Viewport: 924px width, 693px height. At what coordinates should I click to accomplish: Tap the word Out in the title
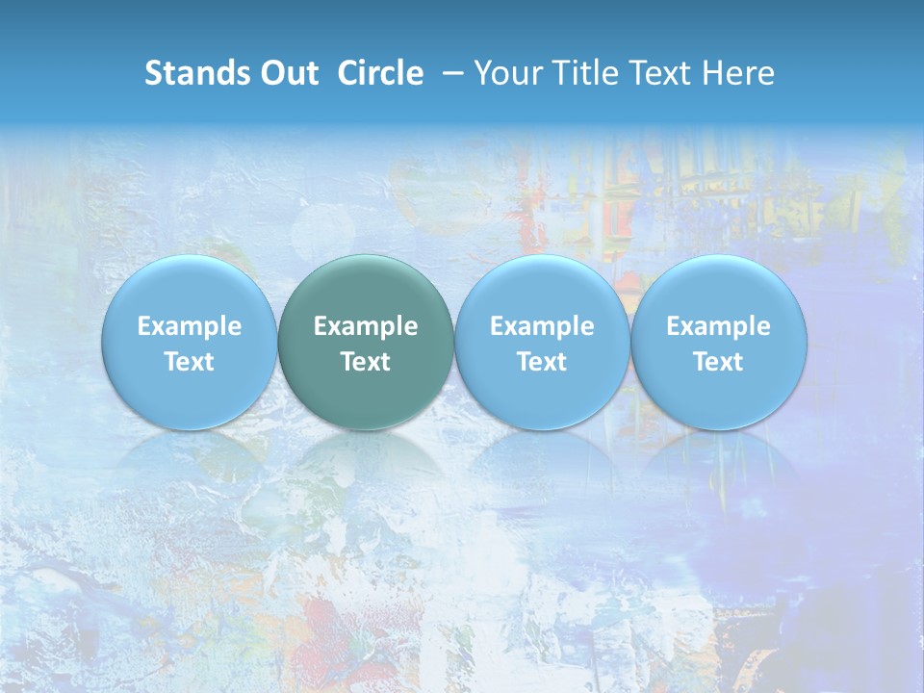click(287, 73)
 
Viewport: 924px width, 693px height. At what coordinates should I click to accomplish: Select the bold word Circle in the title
click(380, 73)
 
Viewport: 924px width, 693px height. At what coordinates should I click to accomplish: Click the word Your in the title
click(504, 73)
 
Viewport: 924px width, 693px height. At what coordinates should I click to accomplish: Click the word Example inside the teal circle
click(366, 326)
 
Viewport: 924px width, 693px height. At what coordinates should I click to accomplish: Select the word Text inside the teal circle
click(366, 362)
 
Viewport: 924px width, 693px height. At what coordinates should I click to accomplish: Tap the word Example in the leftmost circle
click(190, 326)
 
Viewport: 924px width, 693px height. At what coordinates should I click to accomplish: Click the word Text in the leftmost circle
click(190, 362)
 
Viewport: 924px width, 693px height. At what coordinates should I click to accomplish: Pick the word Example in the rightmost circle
click(719, 326)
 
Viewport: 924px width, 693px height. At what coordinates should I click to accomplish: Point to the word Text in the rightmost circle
click(719, 362)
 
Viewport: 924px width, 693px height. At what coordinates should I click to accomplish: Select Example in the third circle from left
click(542, 326)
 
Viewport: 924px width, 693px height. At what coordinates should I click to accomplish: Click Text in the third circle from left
click(542, 362)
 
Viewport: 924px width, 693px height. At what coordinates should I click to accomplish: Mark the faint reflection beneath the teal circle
click(366, 462)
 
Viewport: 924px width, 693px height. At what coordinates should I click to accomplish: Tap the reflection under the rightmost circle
click(719, 462)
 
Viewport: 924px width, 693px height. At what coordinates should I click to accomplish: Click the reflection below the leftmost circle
click(190, 462)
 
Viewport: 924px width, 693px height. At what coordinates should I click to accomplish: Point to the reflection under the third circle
click(542, 462)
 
